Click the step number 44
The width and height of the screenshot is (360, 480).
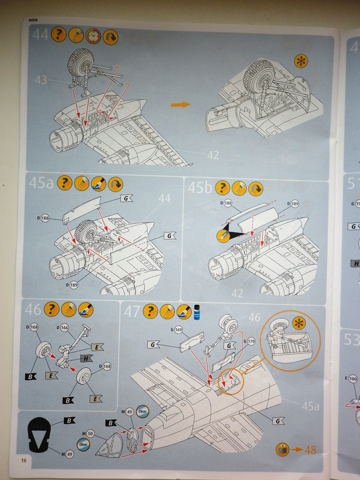[40, 34]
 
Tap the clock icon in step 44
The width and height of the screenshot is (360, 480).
[93, 36]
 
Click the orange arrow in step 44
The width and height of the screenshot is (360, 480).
[180, 104]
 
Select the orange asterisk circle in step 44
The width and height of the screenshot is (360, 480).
[300, 61]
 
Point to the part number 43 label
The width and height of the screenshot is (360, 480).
[41, 80]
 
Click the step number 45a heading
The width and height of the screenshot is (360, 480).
[41, 183]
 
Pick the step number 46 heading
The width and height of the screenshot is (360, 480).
[33, 309]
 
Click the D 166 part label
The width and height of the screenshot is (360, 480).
[62, 327]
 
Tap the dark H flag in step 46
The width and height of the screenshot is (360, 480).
[86, 358]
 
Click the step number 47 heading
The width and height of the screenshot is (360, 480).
[131, 310]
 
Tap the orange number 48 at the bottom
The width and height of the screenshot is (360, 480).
[310, 450]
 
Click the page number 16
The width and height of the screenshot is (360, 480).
[23, 460]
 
